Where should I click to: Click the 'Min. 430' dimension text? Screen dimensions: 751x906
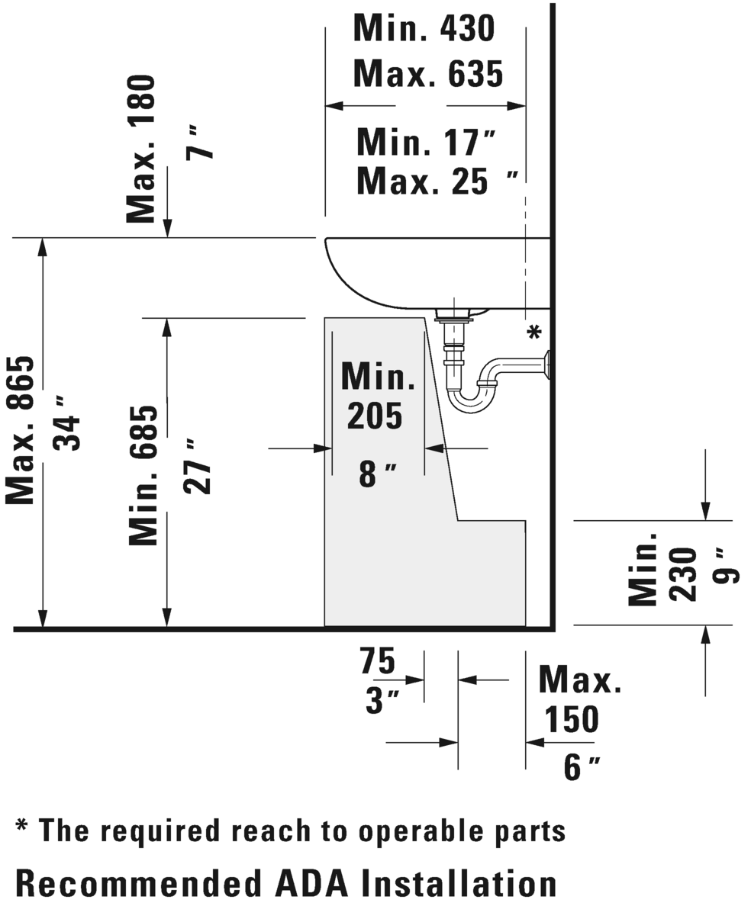click(x=424, y=27)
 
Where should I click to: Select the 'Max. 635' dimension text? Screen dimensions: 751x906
click(x=428, y=73)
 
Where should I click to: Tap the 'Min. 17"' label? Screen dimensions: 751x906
click(x=427, y=142)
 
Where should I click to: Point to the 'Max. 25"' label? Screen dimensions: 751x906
click(x=437, y=181)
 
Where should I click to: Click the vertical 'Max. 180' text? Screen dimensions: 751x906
click(x=141, y=149)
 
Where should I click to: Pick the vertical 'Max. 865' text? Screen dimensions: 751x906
click(x=21, y=430)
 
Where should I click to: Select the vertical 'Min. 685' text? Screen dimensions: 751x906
click(x=143, y=476)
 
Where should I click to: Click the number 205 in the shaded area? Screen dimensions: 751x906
click(x=375, y=416)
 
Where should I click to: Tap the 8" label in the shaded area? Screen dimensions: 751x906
click(x=378, y=474)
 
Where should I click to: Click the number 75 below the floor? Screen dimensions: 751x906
click(x=378, y=661)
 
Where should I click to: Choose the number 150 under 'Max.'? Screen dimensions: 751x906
click(x=571, y=719)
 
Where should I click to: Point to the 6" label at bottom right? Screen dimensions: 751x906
click(x=582, y=767)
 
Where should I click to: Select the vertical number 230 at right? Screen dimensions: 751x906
click(x=683, y=574)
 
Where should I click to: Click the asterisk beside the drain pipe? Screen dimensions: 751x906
click(x=535, y=333)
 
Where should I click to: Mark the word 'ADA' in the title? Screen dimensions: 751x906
click(x=311, y=883)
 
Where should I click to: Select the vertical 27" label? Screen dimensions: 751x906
click(x=197, y=466)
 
